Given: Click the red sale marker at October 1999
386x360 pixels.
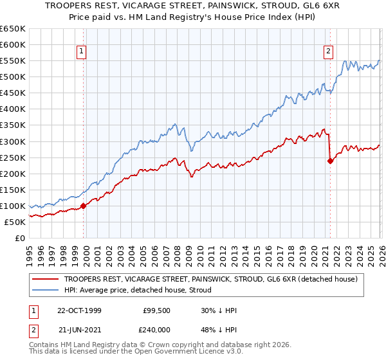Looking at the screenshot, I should point(84,206).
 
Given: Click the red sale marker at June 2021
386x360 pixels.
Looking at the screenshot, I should point(330,161).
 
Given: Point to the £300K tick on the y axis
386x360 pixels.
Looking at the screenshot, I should point(13,141).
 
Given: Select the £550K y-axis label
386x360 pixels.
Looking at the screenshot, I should point(13,61).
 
